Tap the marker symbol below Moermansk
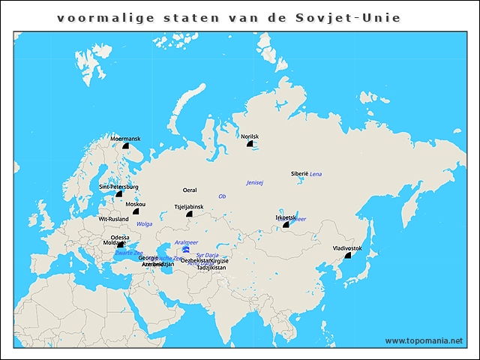pos(125,146)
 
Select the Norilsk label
pos(250,136)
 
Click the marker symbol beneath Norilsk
pos(250,145)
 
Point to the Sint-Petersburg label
pos(118,187)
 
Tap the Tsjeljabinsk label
pos(189,206)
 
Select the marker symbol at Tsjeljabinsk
pos(189,214)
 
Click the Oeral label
pos(190,190)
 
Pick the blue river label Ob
pos(222,196)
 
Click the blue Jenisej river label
pos(255,183)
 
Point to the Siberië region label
pos(299,173)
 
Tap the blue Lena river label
pos(316,173)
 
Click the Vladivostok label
pos(347,247)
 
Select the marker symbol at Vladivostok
pos(347,256)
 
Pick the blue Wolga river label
pos(145,224)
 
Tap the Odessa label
pos(120,238)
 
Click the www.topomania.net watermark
pos(424,340)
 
